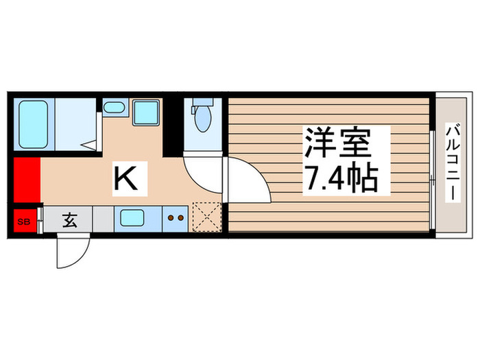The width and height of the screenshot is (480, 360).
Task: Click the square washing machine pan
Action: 145,111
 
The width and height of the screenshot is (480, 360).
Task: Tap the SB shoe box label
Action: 23,221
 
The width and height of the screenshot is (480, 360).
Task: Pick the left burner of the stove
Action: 171,219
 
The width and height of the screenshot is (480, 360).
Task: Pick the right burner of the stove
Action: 181,219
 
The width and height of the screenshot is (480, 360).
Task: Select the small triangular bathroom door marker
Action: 89,145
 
